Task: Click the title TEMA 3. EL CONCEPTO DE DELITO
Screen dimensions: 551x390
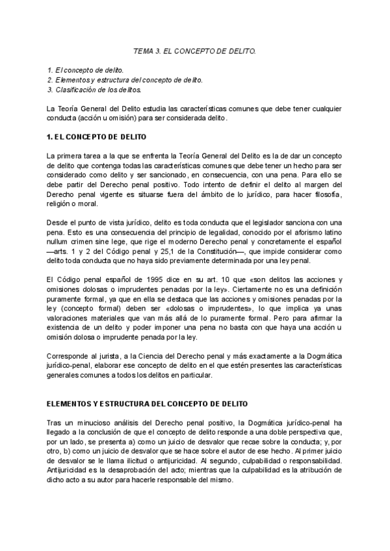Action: click(194, 50)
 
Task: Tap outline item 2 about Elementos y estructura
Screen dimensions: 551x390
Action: click(125, 80)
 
